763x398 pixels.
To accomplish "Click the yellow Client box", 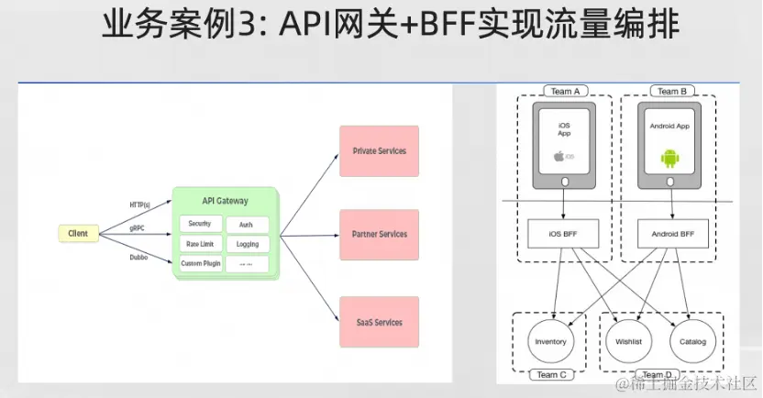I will coord(78,234).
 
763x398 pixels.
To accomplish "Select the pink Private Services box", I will coord(379,151).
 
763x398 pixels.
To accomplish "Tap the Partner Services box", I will coord(379,235).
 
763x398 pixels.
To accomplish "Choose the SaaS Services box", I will coord(379,322).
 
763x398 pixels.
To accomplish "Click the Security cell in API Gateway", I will coord(199,224).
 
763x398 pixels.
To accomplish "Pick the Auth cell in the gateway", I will coord(247,225).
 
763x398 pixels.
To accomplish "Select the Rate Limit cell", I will coord(199,244).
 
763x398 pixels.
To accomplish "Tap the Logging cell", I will coord(247,245).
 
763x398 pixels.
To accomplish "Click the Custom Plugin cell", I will coord(199,264).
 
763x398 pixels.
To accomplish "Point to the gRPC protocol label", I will coord(137,227).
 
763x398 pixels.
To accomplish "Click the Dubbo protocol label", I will coord(138,258).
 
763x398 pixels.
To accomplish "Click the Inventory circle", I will coord(550,341).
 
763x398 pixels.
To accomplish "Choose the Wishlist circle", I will coord(627,341).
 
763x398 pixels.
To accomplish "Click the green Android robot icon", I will coord(669,158).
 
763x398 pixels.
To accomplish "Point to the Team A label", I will coord(564,92).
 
